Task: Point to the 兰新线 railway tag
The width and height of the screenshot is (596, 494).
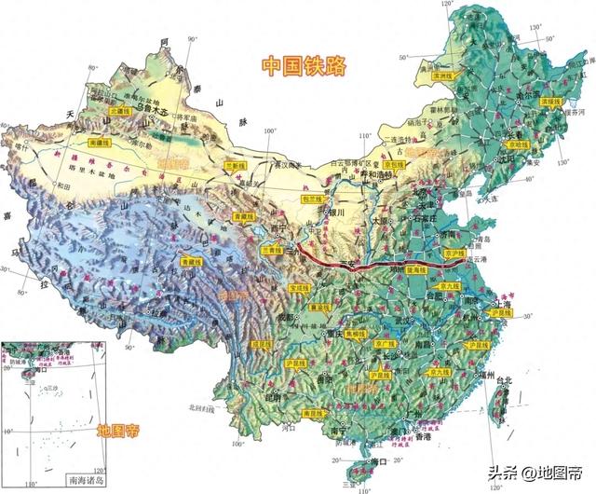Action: coord(236,166)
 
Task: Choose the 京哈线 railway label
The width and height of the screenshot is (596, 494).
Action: coord(517,146)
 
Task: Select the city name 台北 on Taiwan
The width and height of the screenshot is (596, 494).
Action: coord(503,380)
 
